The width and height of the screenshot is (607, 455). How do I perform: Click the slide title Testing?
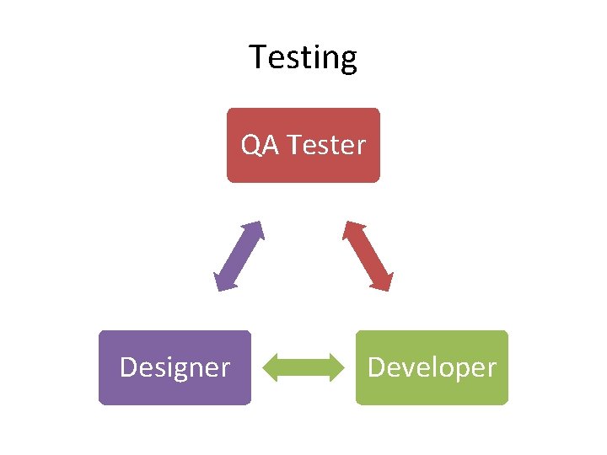point(303,57)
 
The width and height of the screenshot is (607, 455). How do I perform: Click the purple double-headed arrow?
point(239,256)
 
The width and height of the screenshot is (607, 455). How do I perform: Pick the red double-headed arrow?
point(368,256)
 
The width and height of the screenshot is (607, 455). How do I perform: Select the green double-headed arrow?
point(303,367)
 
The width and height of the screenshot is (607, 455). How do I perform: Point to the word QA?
point(261,146)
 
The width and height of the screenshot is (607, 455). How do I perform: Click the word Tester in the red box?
point(326,146)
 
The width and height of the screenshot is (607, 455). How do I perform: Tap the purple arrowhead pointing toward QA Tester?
point(254,230)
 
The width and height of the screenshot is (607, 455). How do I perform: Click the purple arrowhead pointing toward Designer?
point(223,282)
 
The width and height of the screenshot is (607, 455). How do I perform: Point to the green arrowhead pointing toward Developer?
point(336,367)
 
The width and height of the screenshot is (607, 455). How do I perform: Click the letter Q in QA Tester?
point(251,146)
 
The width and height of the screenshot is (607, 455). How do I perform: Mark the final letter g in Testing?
point(348,61)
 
